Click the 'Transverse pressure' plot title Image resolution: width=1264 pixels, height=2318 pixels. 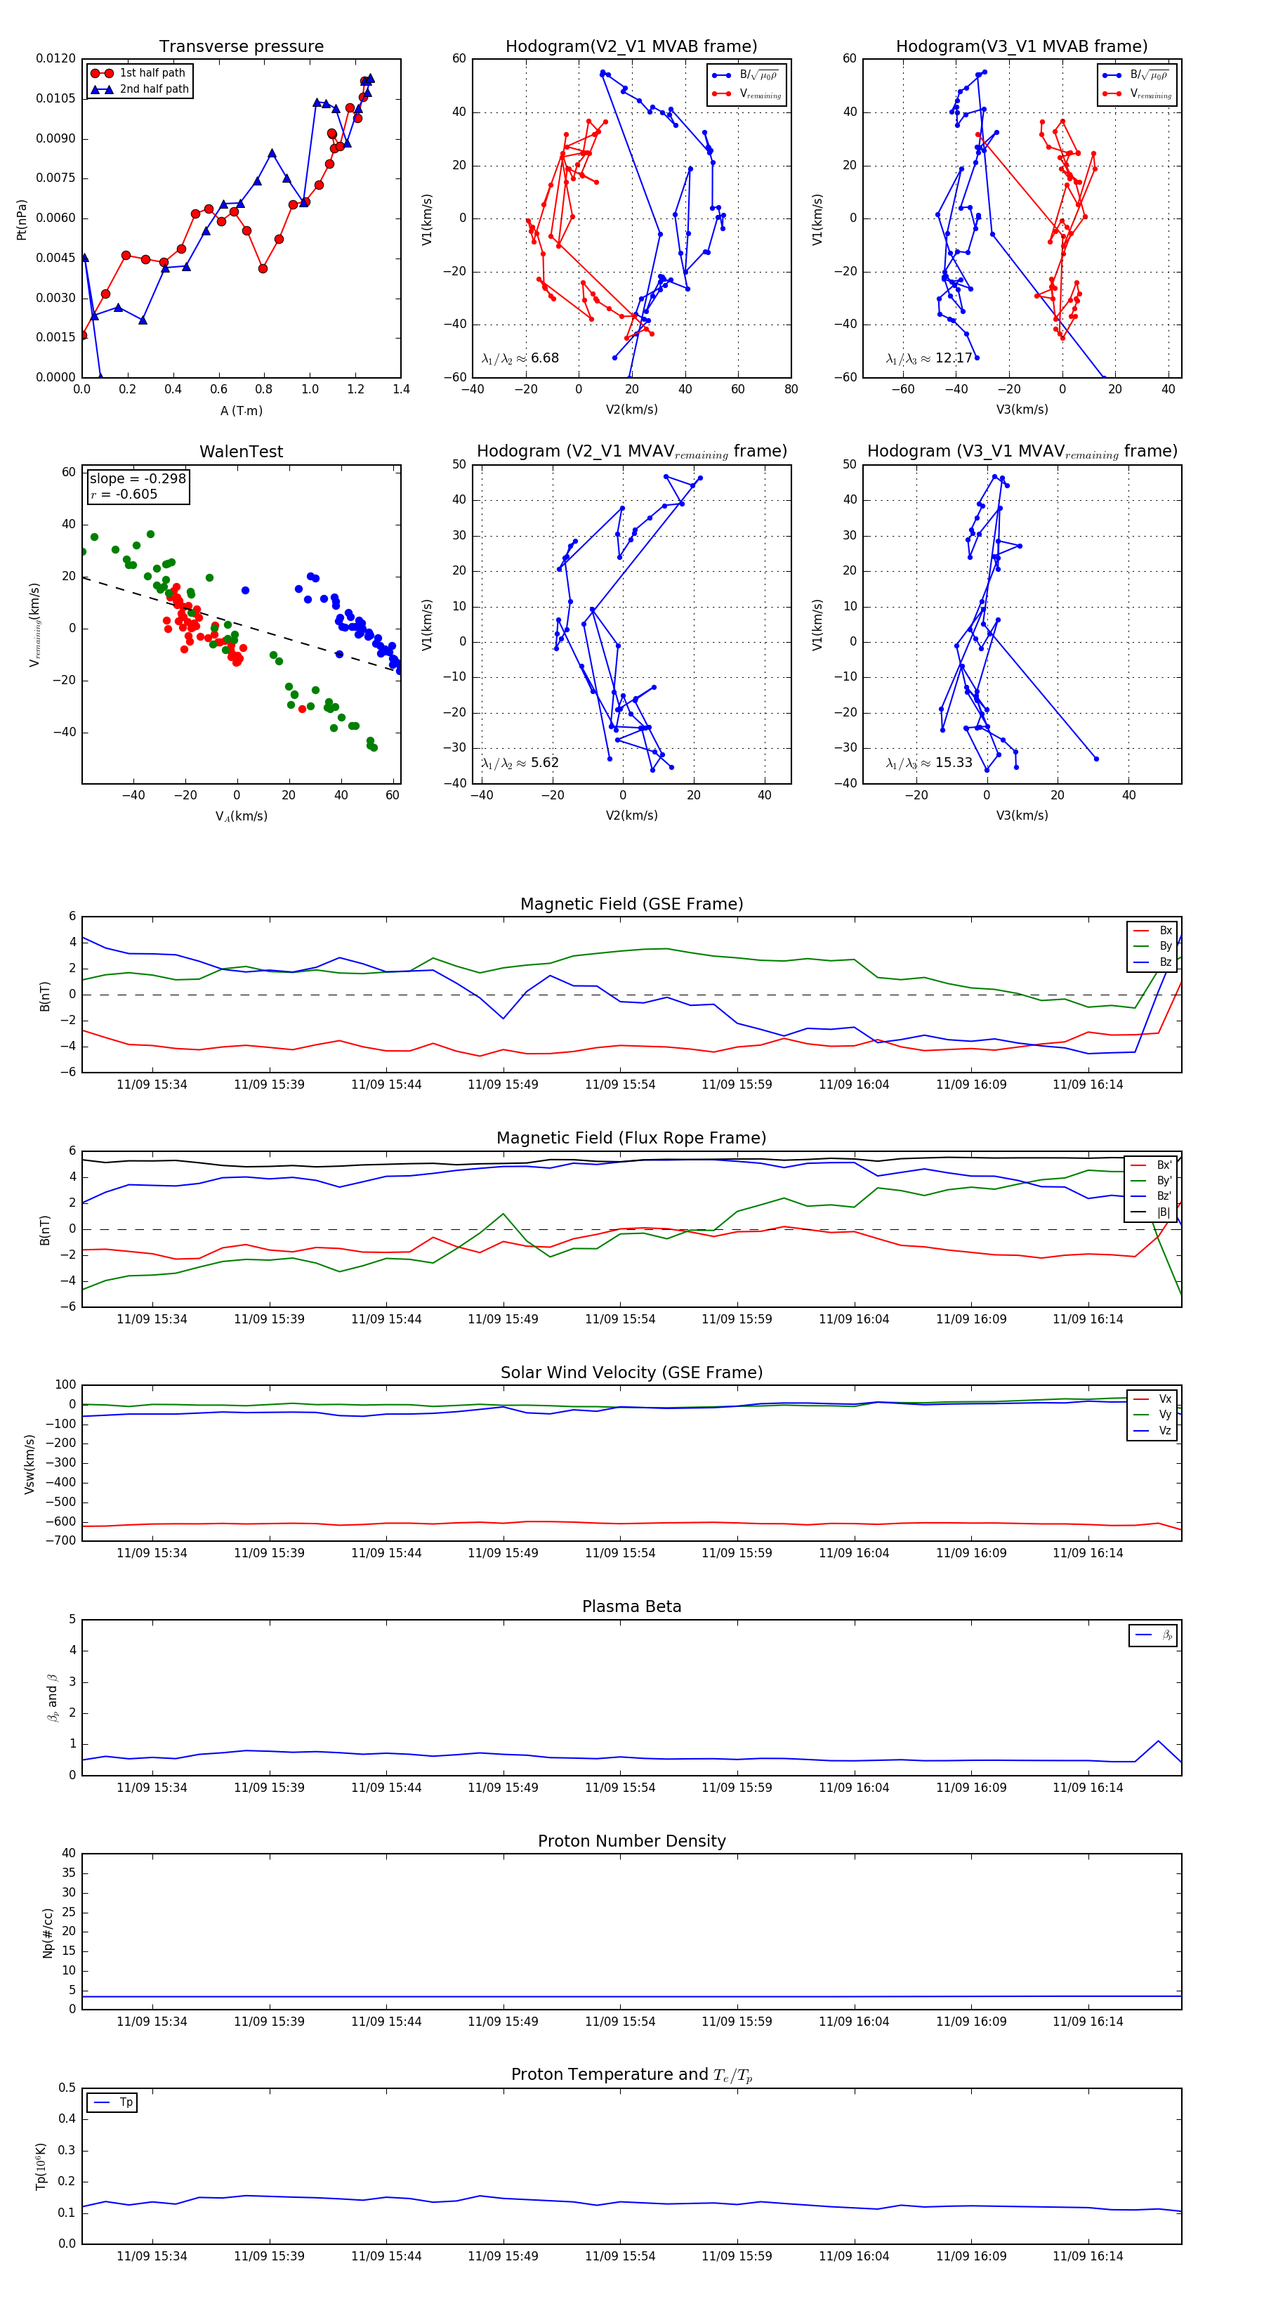(x=241, y=47)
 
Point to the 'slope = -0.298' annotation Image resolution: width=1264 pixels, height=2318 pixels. (x=138, y=479)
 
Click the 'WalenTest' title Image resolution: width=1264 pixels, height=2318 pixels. (x=241, y=452)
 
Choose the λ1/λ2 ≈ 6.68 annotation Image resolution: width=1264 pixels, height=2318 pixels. (x=520, y=358)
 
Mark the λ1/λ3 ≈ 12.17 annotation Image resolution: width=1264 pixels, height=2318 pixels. (x=928, y=358)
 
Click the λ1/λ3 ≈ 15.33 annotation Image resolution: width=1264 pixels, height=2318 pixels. (x=928, y=763)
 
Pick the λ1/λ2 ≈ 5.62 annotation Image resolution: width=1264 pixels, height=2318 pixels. (x=520, y=763)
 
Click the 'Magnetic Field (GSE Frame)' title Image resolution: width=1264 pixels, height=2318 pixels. (x=631, y=904)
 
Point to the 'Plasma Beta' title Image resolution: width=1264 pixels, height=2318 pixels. (x=631, y=1607)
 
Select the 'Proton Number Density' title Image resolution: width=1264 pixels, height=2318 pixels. (x=631, y=1841)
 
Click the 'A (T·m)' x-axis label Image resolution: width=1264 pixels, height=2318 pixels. (x=241, y=411)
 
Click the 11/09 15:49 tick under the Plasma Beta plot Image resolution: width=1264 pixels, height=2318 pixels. (x=503, y=1788)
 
